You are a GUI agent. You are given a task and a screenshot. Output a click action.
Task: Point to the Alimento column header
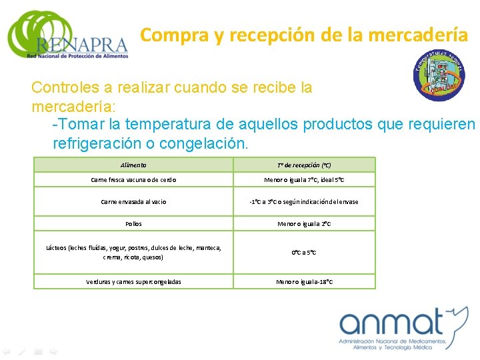click(x=134, y=165)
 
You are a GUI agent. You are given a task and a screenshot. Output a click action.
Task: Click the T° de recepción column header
click(x=304, y=165)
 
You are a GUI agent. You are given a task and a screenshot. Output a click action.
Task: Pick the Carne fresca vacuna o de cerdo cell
click(x=134, y=180)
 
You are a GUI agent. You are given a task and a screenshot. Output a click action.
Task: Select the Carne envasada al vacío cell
click(x=134, y=201)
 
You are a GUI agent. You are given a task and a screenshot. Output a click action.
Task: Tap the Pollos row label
click(x=134, y=224)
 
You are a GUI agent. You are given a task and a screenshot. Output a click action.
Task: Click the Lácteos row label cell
click(x=134, y=252)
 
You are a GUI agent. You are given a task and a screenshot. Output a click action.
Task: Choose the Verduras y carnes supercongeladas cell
click(x=134, y=281)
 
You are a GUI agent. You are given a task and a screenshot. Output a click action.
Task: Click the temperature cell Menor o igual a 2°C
click(x=304, y=224)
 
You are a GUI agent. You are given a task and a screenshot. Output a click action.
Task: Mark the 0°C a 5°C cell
click(x=304, y=253)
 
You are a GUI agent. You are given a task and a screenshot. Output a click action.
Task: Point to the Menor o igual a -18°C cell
click(x=304, y=281)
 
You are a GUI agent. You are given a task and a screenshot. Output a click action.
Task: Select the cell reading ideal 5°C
click(x=304, y=180)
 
